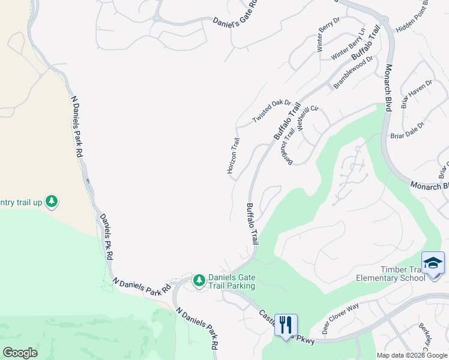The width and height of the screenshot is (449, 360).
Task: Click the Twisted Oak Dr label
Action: [x=271, y=112]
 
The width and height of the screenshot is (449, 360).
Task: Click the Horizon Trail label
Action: [x=233, y=156]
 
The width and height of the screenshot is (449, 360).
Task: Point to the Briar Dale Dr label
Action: [x=407, y=130]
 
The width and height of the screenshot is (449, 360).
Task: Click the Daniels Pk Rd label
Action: [x=107, y=236]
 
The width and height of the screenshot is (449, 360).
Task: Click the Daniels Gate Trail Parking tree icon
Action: [x=199, y=280]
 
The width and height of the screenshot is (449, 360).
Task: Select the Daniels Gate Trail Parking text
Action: [x=232, y=281]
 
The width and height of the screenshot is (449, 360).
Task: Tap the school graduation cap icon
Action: [x=433, y=263]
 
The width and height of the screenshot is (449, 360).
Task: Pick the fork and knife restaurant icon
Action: [x=286, y=326]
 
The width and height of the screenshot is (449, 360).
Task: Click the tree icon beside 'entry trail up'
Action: [x=52, y=201]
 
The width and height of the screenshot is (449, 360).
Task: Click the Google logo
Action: [x=20, y=352]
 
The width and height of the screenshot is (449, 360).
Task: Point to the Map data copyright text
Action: [x=412, y=355]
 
